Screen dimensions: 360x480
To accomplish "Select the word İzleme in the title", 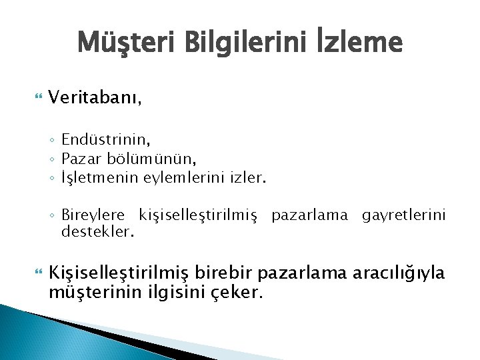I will point(358,43).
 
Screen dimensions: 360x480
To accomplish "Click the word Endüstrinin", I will point(105,139).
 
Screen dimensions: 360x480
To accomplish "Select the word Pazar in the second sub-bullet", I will point(79,159).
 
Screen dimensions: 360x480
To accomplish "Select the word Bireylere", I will point(93,215).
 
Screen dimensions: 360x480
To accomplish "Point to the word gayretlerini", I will point(403,215).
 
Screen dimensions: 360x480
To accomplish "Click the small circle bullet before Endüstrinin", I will point(52,140).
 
